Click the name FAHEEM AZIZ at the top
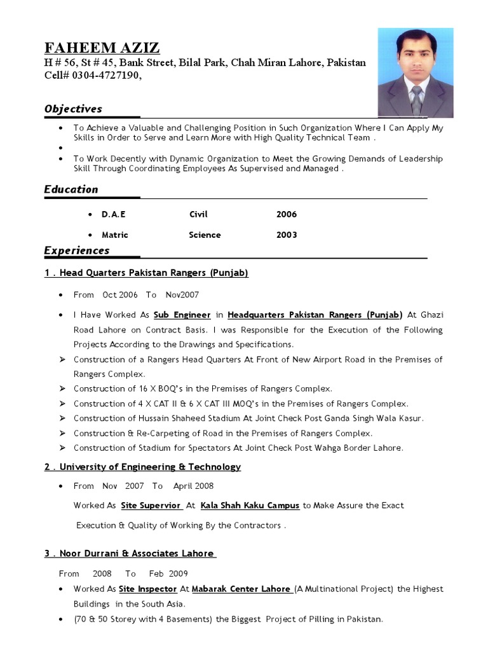click(102, 48)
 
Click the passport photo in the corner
click(416, 72)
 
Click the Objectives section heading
click(73, 109)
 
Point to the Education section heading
click(71, 189)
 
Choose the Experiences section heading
click(77, 250)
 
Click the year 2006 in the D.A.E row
click(287, 214)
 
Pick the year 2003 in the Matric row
click(287, 235)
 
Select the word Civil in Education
click(198, 214)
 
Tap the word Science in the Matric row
click(205, 235)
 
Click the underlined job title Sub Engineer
click(182, 315)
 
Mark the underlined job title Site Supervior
click(151, 505)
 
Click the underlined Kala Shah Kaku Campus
click(250, 505)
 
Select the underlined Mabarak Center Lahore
click(241, 589)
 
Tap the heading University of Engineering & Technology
click(143, 467)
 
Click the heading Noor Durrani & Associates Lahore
click(130, 553)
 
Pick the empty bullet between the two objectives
click(60, 147)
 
